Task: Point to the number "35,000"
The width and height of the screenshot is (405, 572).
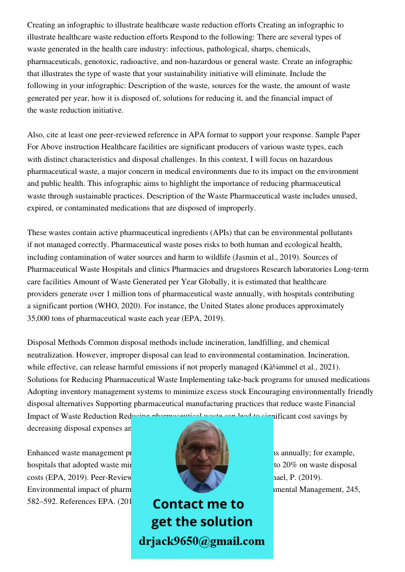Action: pos(40,318)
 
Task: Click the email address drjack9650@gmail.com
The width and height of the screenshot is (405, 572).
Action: pos(202,541)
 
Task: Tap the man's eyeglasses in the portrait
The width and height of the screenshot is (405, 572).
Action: pos(202,450)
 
